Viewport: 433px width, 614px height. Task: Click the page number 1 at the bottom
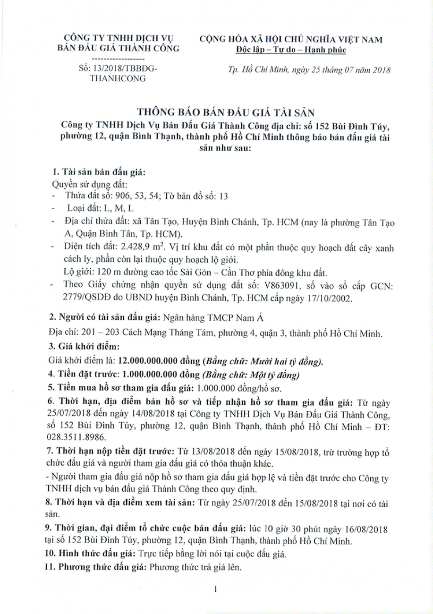click(215, 588)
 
